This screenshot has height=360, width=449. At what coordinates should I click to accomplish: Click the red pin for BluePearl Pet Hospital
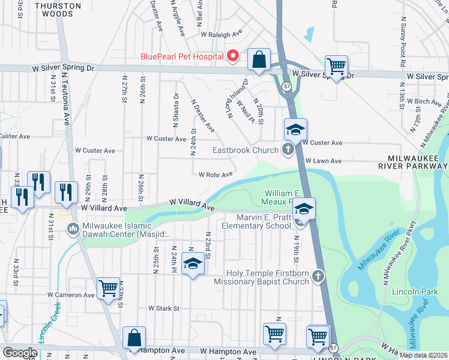pyautogui.click(x=233, y=56)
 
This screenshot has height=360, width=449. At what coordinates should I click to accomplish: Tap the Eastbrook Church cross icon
pyautogui.click(x=288, y=150)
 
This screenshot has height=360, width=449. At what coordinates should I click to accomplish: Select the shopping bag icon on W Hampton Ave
pyautogui.click(x=134, y=338)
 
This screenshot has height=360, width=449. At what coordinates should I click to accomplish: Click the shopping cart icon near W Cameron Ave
pyautogui.click(x=108, y=287)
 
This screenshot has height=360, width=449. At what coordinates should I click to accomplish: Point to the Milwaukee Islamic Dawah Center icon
pyautogui.click(x=73, y=228)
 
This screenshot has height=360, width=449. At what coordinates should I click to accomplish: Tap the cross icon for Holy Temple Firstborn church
pyautogui.click(x=318, y=276)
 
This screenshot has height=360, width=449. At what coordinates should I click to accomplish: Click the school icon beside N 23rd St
pyautogui.click(x=192, y=264)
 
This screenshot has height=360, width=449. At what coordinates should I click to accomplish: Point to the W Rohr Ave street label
pyautogui.click(x=215, y=175)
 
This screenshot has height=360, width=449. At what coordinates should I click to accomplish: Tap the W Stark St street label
pyautogui.click(x=164, y=308)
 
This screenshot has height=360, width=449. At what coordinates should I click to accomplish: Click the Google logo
pyautogui.click(x=20, y=353)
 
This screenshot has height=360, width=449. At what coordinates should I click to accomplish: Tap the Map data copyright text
pyautogui.click(x=423, y=355)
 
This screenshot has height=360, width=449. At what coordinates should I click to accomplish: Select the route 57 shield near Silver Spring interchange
pyautogui.click(x=288, y=87)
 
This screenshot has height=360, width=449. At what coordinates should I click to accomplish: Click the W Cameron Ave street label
pyautogui.click(x=72, y=295)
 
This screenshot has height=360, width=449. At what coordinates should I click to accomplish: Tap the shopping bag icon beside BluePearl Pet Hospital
pyautogui.click(x=258, y=59)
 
